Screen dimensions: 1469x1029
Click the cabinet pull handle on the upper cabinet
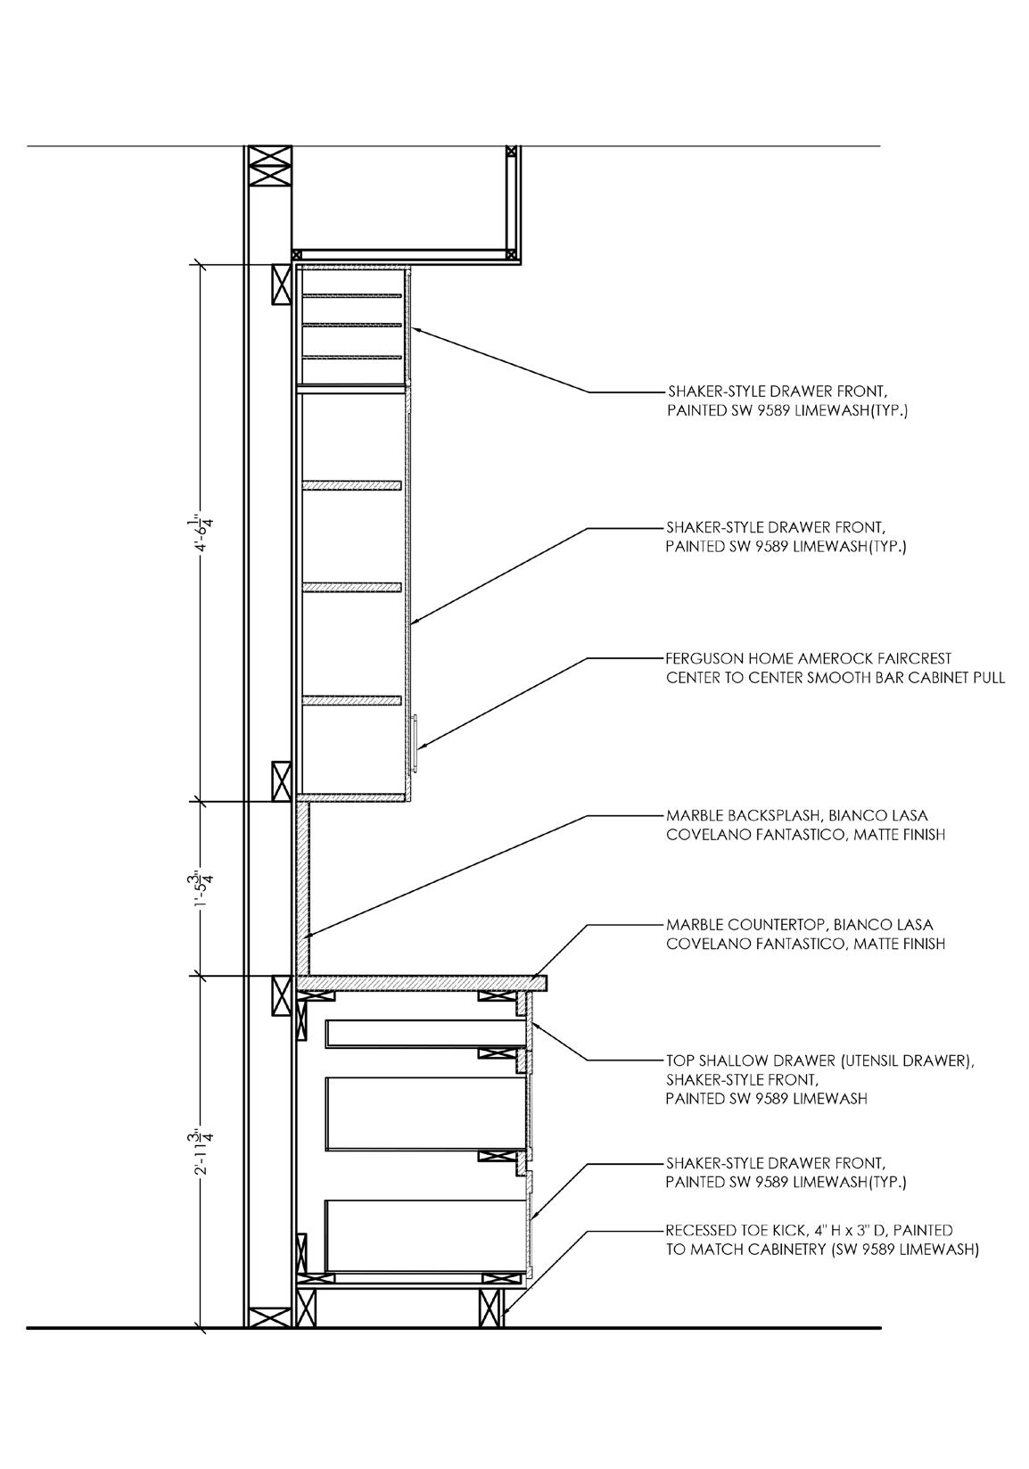click(416, 742)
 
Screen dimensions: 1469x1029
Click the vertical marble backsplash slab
click(302, 887)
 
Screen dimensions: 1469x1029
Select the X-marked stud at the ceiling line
click(269, 165)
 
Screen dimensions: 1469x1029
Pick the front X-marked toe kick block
click(491, 1308)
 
